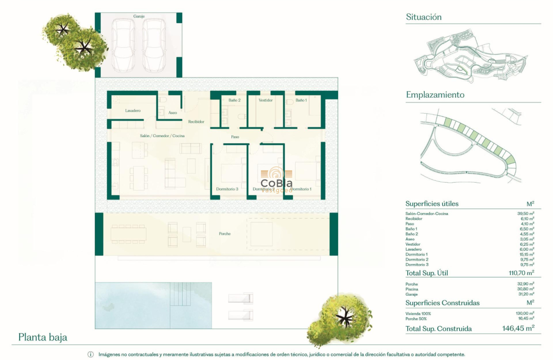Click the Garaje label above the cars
[x=139, y=16]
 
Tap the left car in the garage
[x=123, y=45]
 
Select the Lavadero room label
[x=133, y=111]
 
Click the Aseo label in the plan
[x=173, y=113]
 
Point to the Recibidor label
[x=196, y=122]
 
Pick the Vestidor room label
[x=266, y=100]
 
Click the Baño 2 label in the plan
[x=234, y=100]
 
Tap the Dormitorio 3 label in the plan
[x=227, y=189]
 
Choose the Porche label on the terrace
[x=225, y=234]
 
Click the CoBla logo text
[x=276, y=183]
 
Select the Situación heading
[x=424, y=17]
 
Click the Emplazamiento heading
[x=435, y=95]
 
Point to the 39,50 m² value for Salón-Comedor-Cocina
[x=526, y=213]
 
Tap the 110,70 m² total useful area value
[x=521, y=273]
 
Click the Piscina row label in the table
[x=412, y=289]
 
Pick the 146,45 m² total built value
[x=518, y=328]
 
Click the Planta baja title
[x=43, y=337]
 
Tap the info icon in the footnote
[x=90, y=354]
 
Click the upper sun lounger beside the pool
[x=240, y=298]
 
